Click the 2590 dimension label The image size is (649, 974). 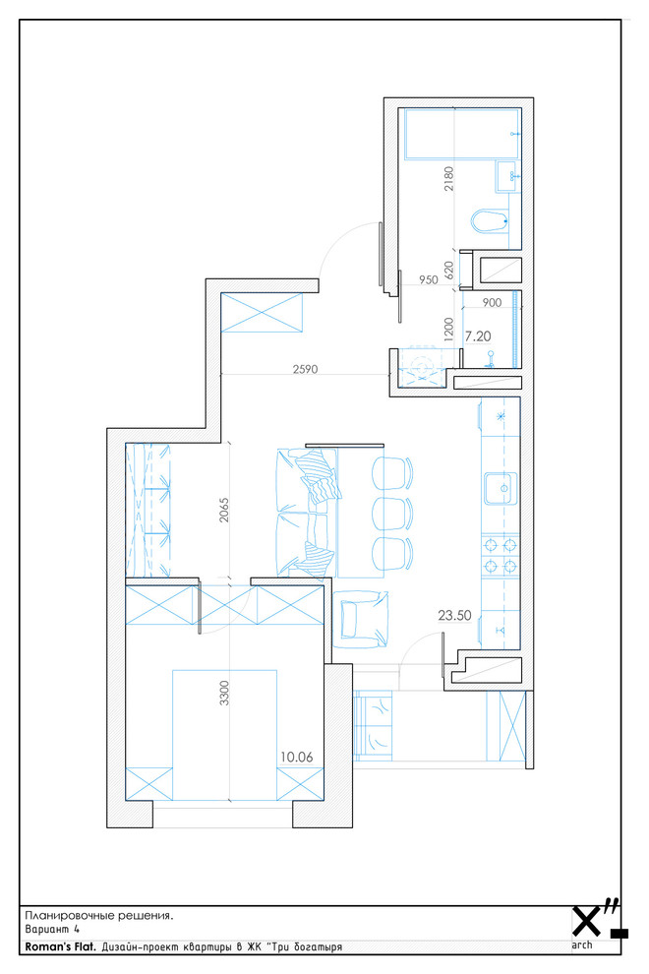coord(305,369)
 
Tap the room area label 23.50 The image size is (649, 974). coord(454,616)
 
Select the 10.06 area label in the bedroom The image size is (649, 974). coord(296,758)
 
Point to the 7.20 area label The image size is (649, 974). coord(478,336)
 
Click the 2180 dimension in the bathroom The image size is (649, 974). coord(449,178)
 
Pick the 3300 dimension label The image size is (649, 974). coord(224,694)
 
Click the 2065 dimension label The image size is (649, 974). coord(224,510)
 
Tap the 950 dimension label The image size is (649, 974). coord(429,280)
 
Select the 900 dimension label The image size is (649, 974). coord(492,303)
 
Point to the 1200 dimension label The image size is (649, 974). coord(449,330)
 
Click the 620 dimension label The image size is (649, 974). coord(449,270)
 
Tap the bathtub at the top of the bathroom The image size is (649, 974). coord(462,134)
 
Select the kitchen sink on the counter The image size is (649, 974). coord(500,488)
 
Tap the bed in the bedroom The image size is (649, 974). coord(224,735)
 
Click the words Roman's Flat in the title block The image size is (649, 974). coord(60,947)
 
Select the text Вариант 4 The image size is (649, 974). coord(52,930)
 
